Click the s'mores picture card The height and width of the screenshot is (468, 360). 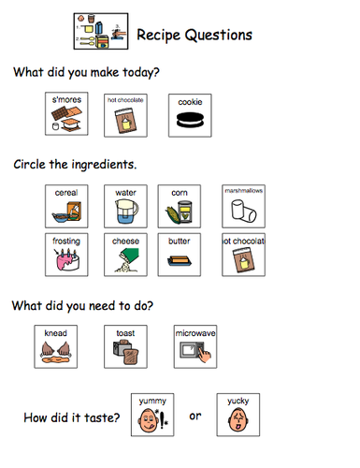[66, 114]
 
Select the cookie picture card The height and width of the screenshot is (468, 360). [189, 114]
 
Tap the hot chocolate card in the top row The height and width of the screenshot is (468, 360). [124, 114]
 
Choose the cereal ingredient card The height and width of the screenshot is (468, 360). [66, 206]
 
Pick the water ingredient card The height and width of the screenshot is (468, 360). [124, 206]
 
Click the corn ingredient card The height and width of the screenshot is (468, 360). [180, 206]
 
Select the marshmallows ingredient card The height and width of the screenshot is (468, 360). [243, 206]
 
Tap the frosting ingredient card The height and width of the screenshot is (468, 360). [66, 255]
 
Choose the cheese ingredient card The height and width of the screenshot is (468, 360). [124, 255]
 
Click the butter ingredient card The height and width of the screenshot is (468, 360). [180, 255]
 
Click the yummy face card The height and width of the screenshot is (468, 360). [151, 415]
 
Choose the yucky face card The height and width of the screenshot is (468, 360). [238, 415]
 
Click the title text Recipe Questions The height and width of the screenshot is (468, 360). [194, 35]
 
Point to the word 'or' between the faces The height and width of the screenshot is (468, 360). [195, 416]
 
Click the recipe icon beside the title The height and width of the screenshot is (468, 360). [99, 31]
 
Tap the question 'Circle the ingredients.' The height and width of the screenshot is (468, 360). [75, 165]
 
